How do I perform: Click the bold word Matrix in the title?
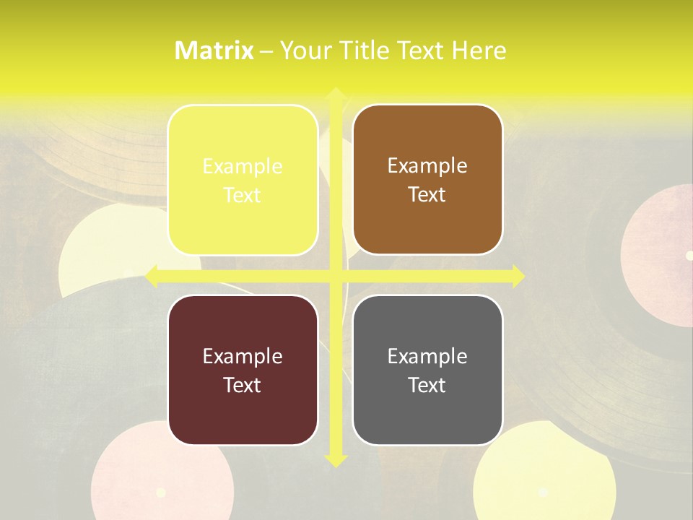214,51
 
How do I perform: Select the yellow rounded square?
243,180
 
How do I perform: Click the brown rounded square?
427,180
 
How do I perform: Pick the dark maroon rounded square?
243,370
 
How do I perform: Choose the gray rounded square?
427,370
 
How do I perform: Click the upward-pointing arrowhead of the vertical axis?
335,94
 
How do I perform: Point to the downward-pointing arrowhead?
335,459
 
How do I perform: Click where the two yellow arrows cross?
335,276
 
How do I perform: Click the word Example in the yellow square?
243,167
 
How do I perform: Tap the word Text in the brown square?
427,194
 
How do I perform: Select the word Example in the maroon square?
243,356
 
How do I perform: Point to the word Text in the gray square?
427,385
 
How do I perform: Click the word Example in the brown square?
427,166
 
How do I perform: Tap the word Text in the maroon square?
243,385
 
